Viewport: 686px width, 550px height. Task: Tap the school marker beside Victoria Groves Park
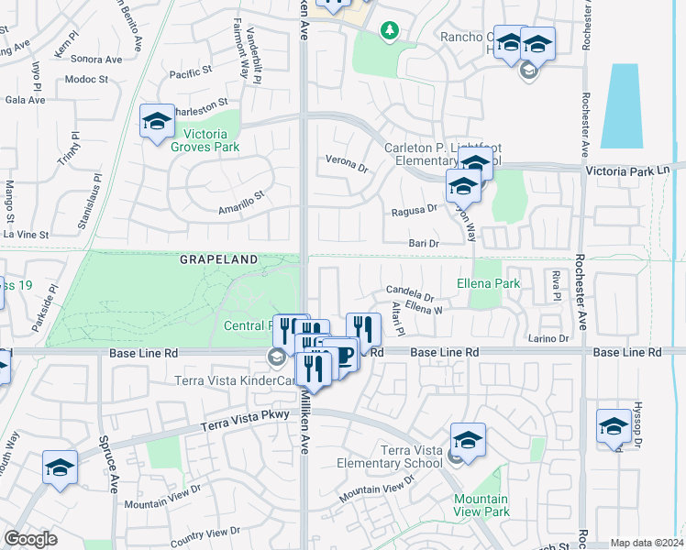[157, 120]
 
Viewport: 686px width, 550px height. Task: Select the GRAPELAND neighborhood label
[218, 260]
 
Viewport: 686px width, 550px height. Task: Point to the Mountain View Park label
[481, 505]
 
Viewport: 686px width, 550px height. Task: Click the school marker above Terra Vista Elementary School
[468, 440]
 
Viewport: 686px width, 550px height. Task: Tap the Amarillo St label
[240, 195]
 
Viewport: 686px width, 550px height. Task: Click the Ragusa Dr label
[414, 209]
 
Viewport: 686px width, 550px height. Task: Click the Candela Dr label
[409, 296]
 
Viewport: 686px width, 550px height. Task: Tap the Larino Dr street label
[549, 338]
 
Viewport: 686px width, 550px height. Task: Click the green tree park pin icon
[390, 31]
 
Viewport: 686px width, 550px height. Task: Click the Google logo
[30, 539]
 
